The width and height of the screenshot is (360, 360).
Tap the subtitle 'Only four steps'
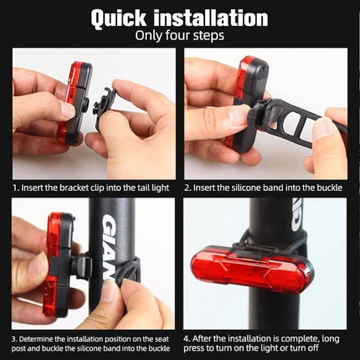pos(179,36)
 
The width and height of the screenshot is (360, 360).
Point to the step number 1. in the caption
pos(15,188)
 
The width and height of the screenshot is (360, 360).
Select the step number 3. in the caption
pos(15,337)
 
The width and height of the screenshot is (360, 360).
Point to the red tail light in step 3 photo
pos(56,264)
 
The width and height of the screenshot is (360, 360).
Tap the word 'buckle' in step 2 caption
pos(329,188)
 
